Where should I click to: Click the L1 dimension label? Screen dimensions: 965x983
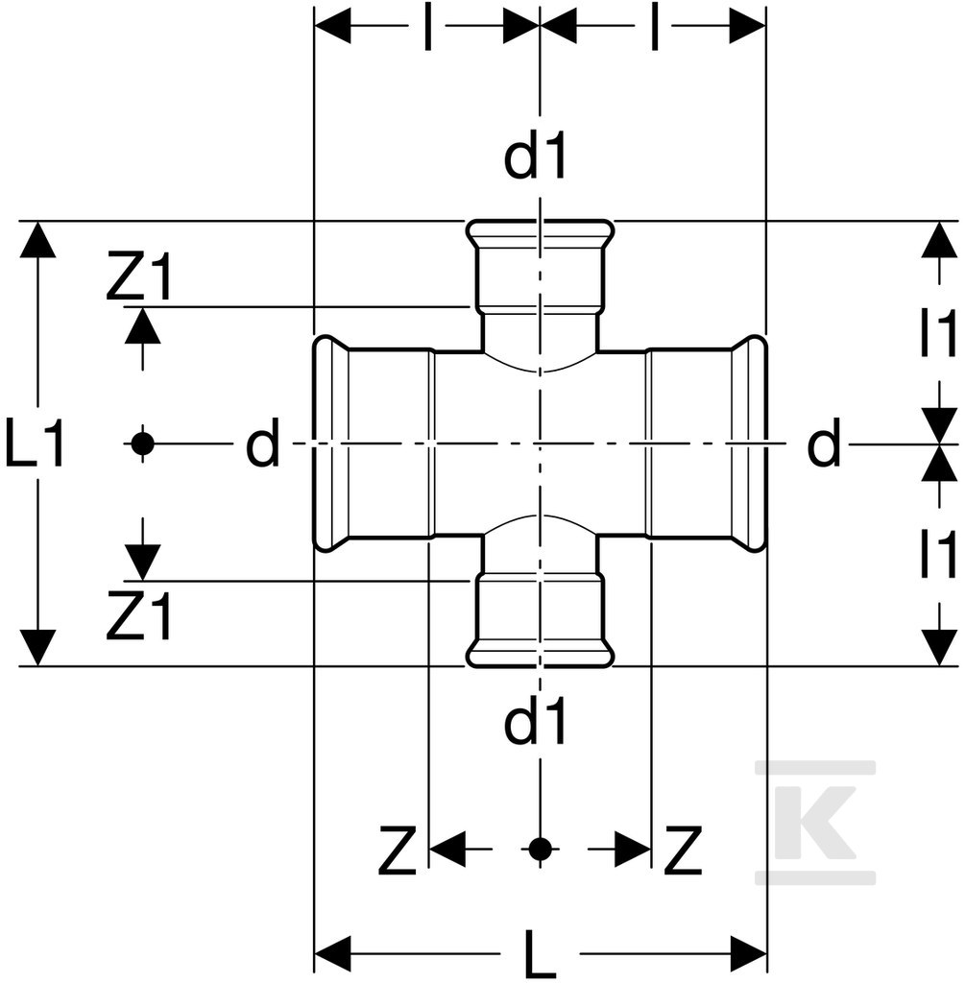tap(36, 444)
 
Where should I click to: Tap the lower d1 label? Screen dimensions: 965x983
tap(536, 720)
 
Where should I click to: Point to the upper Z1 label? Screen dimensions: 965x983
tap(138, 276)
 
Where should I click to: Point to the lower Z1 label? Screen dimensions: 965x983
tap(138, 615)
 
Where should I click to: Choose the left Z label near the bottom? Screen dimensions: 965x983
tap(398, 851)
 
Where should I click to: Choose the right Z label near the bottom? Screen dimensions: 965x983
tap(684, 851)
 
